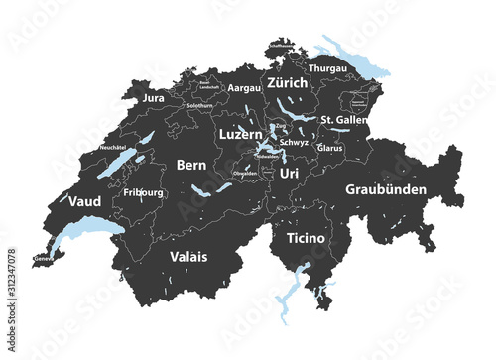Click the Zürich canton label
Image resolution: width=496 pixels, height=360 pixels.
pyautogui.click(x=288, y=84)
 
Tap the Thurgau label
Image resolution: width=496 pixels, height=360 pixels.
pyautogui.click(x=327, y=68)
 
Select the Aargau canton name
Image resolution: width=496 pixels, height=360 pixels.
pyautogui.click(x=244, y=88)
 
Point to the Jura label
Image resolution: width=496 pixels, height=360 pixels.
pyautogui.click(x=153, y=99)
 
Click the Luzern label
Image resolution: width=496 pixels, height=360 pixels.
pyautogui.click(x=240, y=132)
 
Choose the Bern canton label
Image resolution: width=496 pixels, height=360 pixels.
pyautogui.click(x=190, y=165)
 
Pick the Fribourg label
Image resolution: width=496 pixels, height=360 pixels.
pyautogui.click(x=144, y=191)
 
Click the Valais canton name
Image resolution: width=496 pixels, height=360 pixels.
pyautogui.click(x=188, y=256)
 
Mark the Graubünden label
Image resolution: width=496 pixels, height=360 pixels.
pyautogui.click(x=386, y=188)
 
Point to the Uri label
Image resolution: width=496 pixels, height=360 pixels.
pyautogui.click(x=289, y=173)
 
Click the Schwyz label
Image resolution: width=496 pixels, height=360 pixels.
pyautogui.click(x=294, y=143)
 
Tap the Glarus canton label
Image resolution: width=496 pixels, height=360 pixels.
pyautogui.click(x=330, y=149)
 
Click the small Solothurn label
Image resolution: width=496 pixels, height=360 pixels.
pyautogui.click(x=199, y=105)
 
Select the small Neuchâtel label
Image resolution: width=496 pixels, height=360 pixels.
pyautogui.click(x=112, y=147)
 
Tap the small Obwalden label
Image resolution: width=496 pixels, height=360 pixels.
pyautogui.click(x=244, y=173)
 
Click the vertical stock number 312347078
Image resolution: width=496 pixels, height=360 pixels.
pyautogui.click(x=11, y=287)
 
